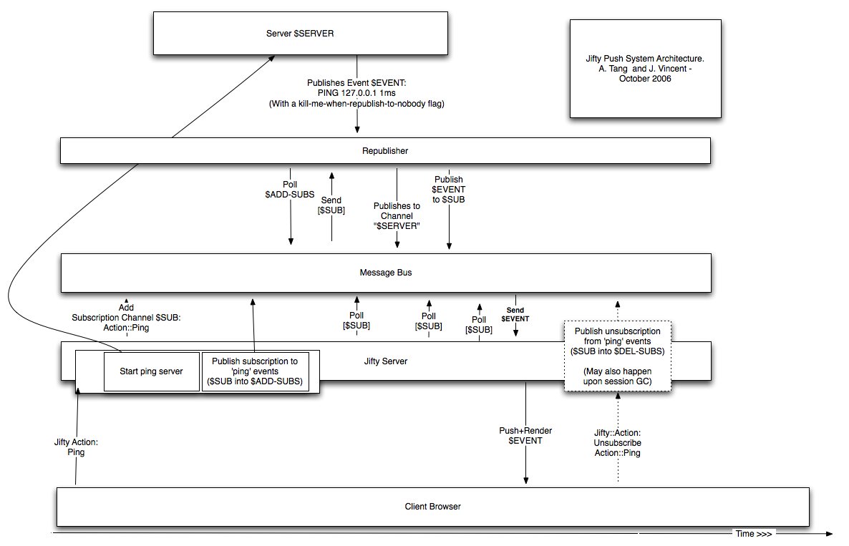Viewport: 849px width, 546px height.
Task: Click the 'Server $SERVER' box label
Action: point(300,34)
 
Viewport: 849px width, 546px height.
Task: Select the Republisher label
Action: point(385,151)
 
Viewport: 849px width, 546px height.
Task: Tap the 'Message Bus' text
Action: point(386,273)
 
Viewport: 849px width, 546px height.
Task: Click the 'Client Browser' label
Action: point(432,507)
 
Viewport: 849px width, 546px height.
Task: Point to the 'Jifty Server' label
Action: point(386,361)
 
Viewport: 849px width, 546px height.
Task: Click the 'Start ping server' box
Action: point(152,371)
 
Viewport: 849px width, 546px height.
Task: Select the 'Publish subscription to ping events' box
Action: point(255,371)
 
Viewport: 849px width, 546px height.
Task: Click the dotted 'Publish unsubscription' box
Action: point(618,356)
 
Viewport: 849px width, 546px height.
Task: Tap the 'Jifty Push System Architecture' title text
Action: point(645,68)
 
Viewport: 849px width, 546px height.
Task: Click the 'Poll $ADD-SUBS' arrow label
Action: point(290,190)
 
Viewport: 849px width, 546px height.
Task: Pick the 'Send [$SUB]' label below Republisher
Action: point(331,205)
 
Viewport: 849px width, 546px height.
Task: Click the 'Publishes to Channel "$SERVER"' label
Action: point(397,216)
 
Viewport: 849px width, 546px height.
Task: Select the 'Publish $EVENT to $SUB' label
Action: point(448,190)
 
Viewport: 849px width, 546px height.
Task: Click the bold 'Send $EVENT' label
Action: point(515,314)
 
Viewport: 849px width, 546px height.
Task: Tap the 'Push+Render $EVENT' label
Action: point(525,436)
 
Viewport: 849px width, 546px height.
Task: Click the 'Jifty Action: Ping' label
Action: point(76,447)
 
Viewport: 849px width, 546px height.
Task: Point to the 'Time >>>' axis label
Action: point(754,534)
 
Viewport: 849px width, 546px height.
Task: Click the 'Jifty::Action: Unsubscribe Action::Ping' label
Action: point(617,443)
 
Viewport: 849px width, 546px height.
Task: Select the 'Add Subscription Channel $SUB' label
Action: point(126,318)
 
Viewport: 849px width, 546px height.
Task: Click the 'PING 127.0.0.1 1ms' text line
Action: point(356,93)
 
